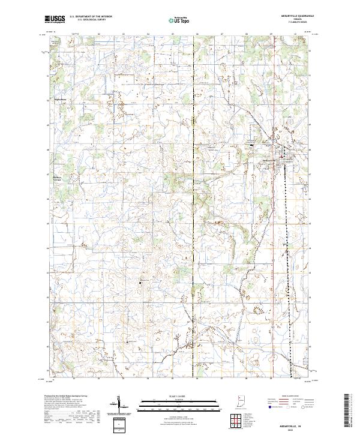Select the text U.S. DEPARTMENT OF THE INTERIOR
[x=91, y=17]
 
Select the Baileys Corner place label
[x=58, y=178]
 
